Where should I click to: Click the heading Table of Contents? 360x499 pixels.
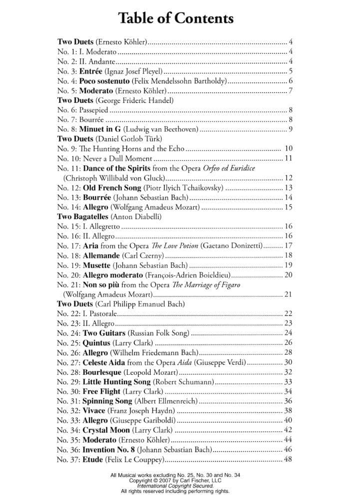coord(176,19)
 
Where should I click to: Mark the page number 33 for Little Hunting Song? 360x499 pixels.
coord(288,381)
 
